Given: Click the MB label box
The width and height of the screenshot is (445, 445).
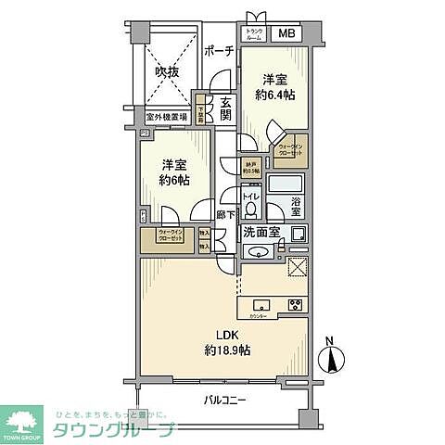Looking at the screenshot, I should click(288, 35).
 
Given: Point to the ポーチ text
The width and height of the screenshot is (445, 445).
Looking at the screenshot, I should click(217, 52).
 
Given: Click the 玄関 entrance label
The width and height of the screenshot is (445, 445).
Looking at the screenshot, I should click(225, 108).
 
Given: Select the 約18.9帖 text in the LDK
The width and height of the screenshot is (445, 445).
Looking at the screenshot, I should click(227, 350).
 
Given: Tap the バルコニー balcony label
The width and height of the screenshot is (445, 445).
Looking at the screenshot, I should click(225, 400).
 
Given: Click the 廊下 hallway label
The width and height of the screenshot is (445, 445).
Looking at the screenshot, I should click(224, 216).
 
